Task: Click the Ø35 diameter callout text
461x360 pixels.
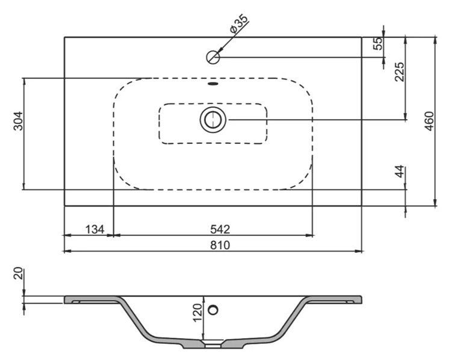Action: point(239,23)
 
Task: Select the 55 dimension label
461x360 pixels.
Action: point(379,43)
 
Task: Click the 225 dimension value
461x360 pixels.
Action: point(400,72)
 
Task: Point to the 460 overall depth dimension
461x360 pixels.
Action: point(429,121)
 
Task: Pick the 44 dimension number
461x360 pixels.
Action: point(400,172)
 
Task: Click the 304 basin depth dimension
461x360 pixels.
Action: point(18,120)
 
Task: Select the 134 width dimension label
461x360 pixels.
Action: point(94,229)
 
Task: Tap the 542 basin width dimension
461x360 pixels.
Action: point(220,229)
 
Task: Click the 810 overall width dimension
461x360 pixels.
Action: point(220,244)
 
